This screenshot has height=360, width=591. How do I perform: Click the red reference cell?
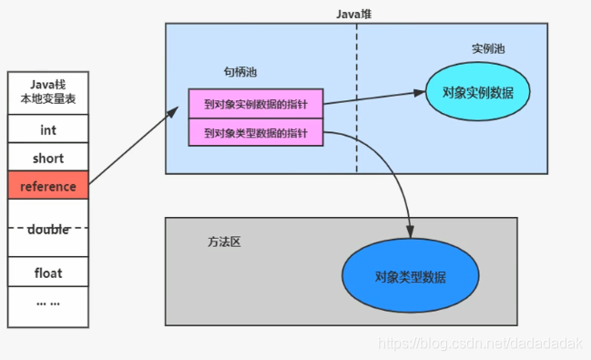point(47,185)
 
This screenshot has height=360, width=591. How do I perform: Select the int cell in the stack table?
point(47,130)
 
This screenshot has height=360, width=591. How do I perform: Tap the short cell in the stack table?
point(47,158)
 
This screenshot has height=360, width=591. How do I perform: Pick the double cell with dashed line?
point(47,229)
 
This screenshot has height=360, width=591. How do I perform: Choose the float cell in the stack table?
point(47,272)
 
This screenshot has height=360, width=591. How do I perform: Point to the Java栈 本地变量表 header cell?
point(47,92)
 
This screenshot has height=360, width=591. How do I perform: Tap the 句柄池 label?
point(233,72)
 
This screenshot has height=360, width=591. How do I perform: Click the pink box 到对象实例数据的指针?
point(255,103)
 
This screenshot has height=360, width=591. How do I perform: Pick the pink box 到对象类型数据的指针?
point(255,134)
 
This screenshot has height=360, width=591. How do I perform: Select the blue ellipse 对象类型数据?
point(410,276)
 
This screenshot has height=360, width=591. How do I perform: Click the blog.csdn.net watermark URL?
point(481,343)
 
